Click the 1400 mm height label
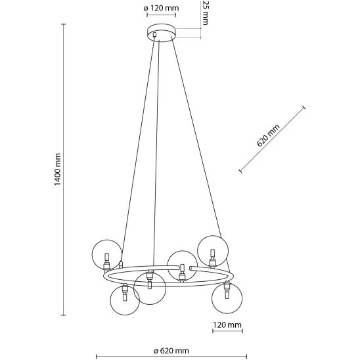coord(58,169)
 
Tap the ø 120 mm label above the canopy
coord(161,9)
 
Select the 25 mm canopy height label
coord(204,12)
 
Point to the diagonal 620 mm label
coord(268,135)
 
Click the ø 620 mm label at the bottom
coord(171,351)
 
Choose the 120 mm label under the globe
coord(227,325)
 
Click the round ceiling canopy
coord(162,34)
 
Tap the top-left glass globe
coord(107,255)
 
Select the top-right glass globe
coord(213,250)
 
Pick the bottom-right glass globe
coord(227,298)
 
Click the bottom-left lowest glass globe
coord(125,300)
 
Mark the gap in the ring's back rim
coord(184,268)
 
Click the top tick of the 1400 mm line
coord(64,24)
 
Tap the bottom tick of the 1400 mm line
coord(64,315)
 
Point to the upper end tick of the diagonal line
coord(304,108)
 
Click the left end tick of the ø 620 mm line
coord(96,356)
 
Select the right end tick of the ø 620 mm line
coord(246,356)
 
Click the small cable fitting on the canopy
coord(154,34)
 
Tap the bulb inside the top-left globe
coord(106,256)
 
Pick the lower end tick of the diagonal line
coord(240,171)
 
